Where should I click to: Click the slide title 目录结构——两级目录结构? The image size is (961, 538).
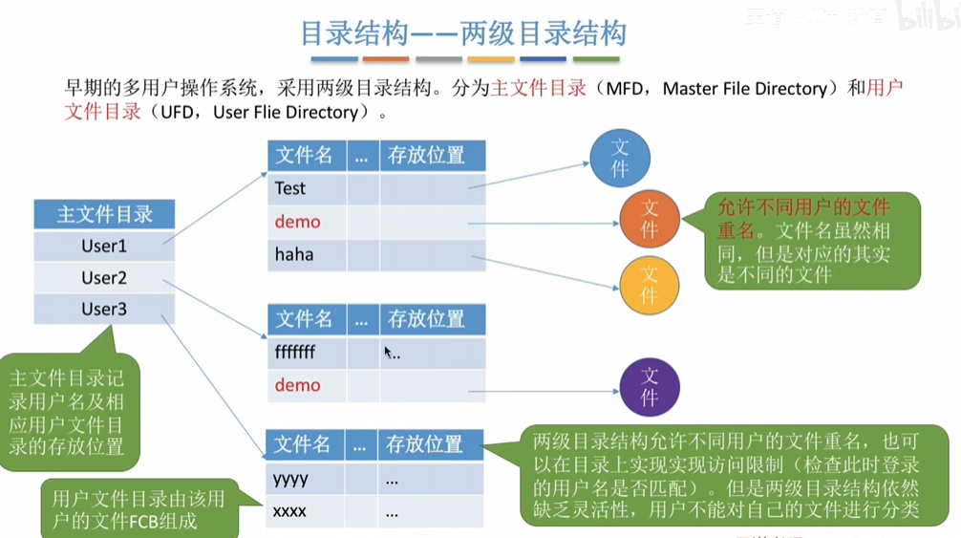(x=463, y=34)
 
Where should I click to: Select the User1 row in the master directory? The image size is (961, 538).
(x=104, y=246)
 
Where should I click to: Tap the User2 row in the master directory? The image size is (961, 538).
(x=104, y=278)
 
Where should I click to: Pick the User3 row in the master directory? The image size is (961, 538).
(x=104, y=310)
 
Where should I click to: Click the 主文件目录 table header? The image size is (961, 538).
(x=104, y=214)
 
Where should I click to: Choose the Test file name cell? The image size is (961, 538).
(x=290, y=188)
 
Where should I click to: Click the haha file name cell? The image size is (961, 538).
(x=294, y=254)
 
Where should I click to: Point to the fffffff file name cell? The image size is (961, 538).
(x=295, y=353)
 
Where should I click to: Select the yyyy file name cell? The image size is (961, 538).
(x=291, y=479)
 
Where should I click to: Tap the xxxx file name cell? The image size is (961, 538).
(x=290, y=511)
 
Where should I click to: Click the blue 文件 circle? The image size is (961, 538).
(x=619, y=158)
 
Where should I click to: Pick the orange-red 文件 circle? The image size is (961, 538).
(x=650, y=219)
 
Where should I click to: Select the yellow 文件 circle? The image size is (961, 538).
(x=650, y=285)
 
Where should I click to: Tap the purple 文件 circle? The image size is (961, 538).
(x=650, y=386)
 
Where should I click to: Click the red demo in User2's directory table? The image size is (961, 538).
(x=297, y=385)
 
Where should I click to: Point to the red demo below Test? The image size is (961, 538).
(x=297, y=222)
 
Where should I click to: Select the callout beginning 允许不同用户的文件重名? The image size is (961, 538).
(x=813, y=241)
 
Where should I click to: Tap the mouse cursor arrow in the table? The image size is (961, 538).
(x=388, y=352)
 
